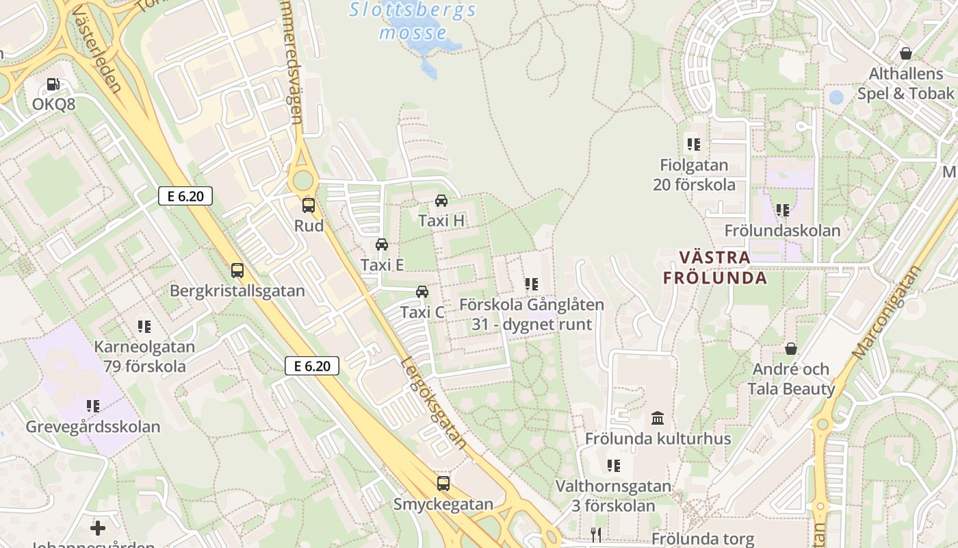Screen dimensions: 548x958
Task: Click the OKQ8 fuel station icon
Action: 53,84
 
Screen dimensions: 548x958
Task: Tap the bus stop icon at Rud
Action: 309,205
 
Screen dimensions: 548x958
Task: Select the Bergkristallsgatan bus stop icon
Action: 237,271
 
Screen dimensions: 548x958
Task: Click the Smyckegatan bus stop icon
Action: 443,484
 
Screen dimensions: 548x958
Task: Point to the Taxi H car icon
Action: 441,201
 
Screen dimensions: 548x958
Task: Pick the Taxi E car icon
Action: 382,245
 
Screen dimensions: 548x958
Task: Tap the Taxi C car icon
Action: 422,292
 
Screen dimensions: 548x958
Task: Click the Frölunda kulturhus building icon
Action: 658,418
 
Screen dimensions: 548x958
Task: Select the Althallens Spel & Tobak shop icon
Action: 906,53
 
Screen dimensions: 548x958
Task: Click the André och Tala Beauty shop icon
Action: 791,349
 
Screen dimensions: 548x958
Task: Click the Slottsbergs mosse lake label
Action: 413,21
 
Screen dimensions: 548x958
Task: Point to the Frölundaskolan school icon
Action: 782,210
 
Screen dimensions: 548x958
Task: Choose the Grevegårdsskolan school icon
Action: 93,406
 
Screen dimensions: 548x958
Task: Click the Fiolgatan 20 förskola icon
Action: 694,145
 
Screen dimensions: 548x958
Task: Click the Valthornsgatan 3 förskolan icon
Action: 614,466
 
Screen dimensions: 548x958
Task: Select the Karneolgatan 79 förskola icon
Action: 144,327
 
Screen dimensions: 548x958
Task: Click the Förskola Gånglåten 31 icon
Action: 531,284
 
